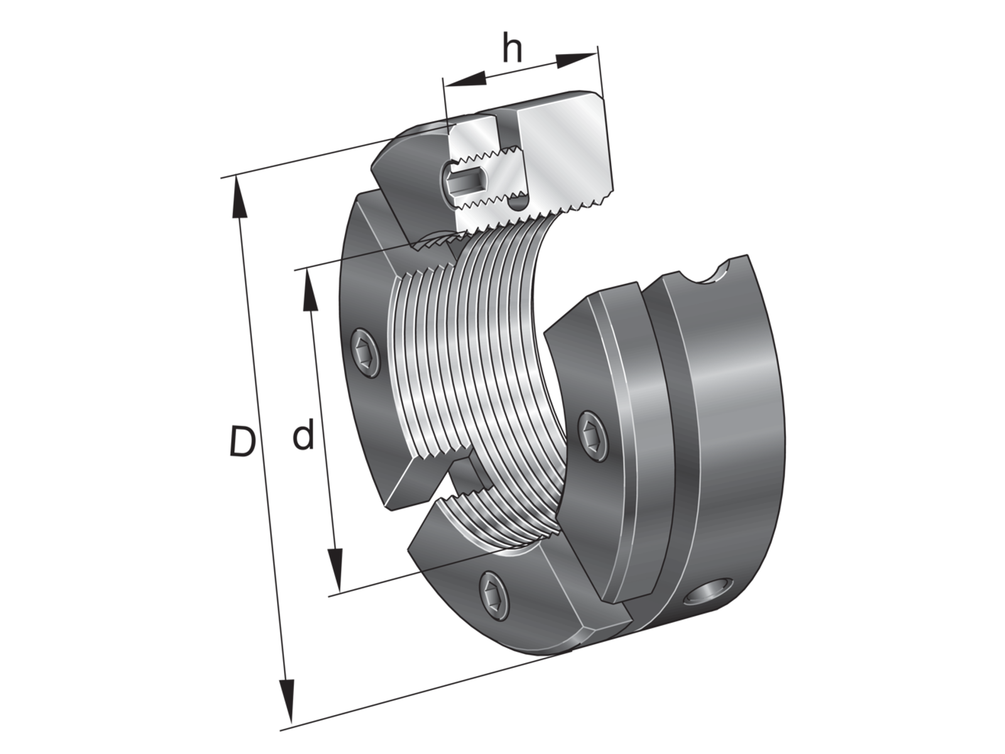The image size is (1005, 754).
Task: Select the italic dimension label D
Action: pyautogui.click(x=242, y=441)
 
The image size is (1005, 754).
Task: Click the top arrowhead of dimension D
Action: pyautogui.click(x=239, y=197)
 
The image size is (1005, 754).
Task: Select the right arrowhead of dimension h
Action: pyautogui.click(x=577, y=61)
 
